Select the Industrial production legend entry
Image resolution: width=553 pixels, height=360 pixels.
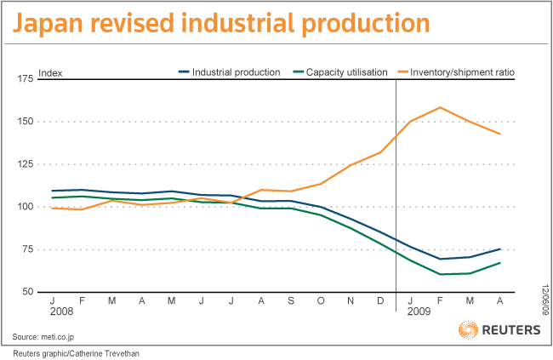point(230,72)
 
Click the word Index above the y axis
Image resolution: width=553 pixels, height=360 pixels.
point(51,72)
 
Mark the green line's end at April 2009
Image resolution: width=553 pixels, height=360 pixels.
point(500,263)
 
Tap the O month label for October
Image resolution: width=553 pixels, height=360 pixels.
point(321,301)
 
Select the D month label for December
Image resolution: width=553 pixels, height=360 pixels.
point(380,301)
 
